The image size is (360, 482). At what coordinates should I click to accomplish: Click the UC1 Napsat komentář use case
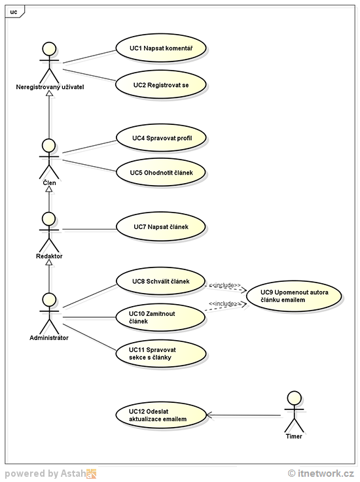click(161, 48)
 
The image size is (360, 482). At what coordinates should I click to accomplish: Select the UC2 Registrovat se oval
click(161, 85)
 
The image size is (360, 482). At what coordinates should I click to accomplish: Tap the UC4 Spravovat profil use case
click(161, 137)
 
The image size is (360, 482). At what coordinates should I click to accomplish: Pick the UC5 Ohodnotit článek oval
click(161, 173)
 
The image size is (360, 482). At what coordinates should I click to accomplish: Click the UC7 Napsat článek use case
click(161, 227)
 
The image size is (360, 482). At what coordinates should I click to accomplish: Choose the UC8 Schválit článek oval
click(161, 281)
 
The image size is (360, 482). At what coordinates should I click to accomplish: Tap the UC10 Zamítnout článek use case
click(161, 317)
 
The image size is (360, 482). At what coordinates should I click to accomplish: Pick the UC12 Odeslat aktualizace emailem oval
click(161, 414)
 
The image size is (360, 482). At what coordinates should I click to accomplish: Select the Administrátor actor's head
click(48, 300)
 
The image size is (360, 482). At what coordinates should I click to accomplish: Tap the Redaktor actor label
click(49, 257)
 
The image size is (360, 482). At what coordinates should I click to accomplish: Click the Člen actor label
click(49, 183)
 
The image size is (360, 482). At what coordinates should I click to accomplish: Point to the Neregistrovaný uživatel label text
click(50, 86)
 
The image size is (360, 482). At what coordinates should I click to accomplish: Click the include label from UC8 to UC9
click(225, 285)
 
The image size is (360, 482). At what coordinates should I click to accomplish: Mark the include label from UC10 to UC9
click(225, 304)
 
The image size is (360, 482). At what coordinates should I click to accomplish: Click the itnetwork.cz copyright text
click(321, 473)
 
